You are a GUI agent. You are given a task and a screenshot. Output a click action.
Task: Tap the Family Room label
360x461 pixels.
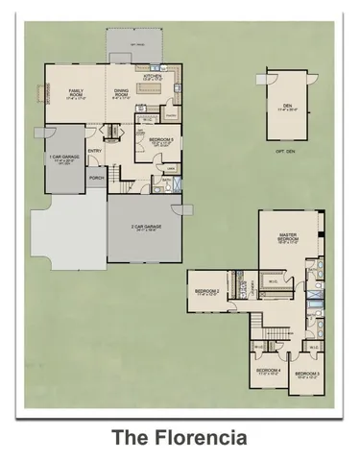[77, 92]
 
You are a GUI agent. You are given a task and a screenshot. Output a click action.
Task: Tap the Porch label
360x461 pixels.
[96, 177]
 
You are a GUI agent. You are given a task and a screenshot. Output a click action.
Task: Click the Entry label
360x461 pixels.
[95, 150]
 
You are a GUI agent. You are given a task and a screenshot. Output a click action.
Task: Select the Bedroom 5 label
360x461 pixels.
[160, 141]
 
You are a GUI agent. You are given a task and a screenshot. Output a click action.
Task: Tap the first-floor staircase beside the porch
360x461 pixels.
[114, 174]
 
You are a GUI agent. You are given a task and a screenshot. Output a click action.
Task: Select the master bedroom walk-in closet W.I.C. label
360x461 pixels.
[273, 280]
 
